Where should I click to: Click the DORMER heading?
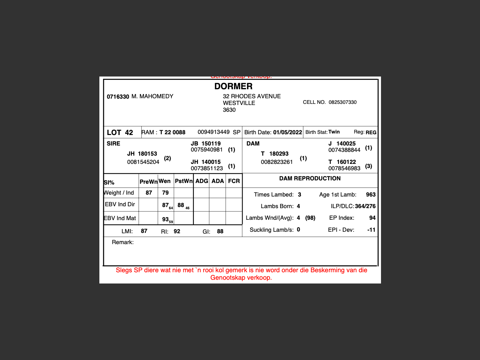(233, 86)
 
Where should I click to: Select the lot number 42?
(129, 132)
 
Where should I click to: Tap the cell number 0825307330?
(342, 102)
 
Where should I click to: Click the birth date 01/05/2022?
(287, 132)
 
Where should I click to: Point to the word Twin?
(334, 132)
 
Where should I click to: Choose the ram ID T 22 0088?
(172, 132)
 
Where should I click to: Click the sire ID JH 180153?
(142, 154)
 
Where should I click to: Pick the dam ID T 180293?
(275, 154)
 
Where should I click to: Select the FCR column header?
(234, 181)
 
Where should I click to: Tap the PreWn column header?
(148, 182)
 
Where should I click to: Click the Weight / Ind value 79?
(165, 193)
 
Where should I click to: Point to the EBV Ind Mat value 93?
(165, 219)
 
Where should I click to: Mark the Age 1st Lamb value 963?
(370, 195)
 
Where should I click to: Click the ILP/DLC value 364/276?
(365, 206)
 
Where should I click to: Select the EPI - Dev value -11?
(371, 230)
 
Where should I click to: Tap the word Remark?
(123, 242)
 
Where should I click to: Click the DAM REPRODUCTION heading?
(310, 178)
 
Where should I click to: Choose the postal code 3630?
(229, 110)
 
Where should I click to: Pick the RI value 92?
(177, 231)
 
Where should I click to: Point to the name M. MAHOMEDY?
(152, 96)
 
